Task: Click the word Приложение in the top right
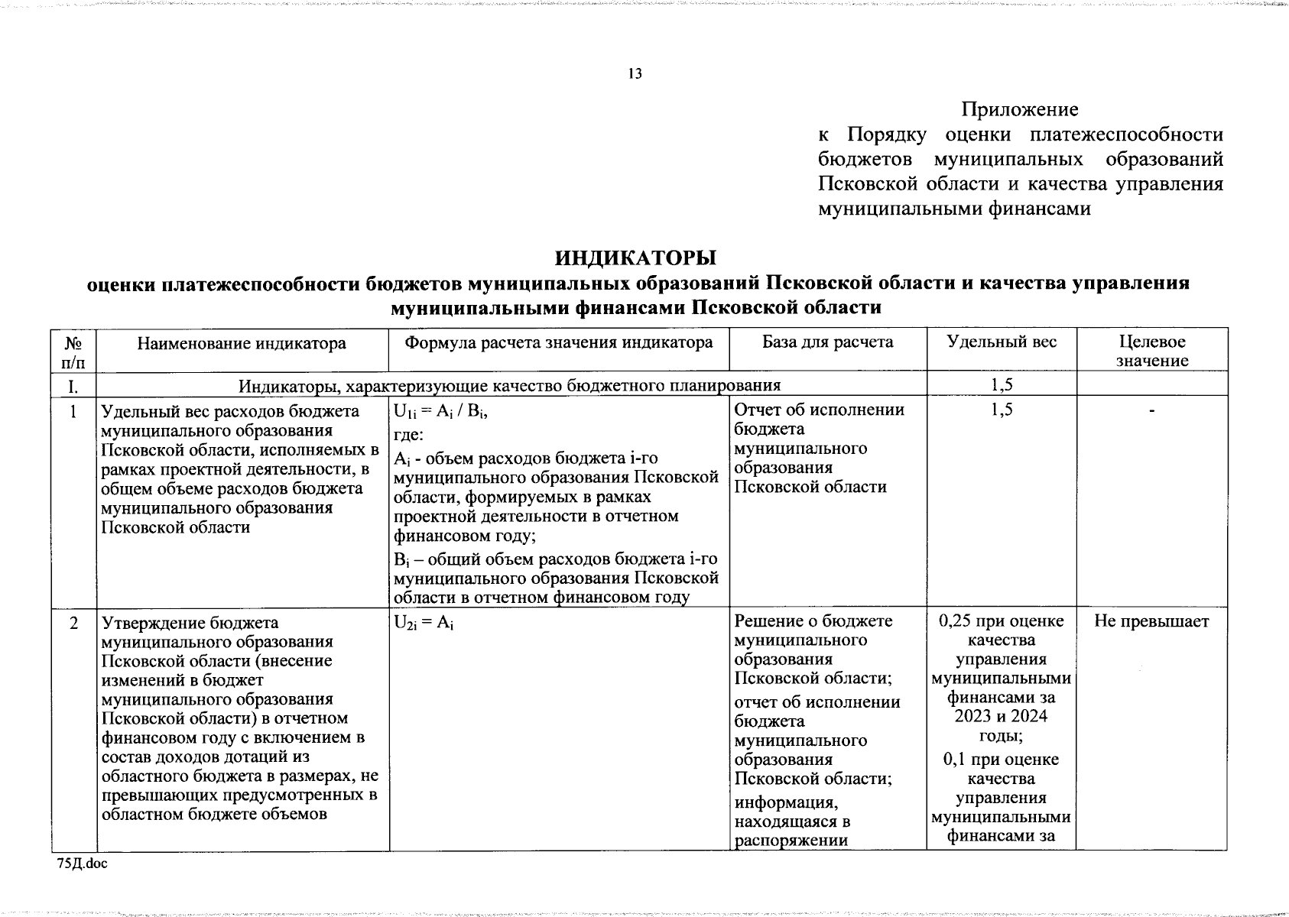(1020, 110)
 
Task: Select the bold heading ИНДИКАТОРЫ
(636, 257)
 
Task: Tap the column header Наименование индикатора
(242, 343)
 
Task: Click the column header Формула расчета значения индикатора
(559, 343)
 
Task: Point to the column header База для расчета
(828, 342)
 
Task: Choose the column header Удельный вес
(1002, 342)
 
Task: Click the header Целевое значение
(1151, 352)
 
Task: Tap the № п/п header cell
(73, 352)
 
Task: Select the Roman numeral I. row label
(73, 386)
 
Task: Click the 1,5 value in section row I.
(1002, 386)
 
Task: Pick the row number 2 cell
(73, 623)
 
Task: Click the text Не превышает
(1151, 622)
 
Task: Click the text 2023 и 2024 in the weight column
(1002, 717)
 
